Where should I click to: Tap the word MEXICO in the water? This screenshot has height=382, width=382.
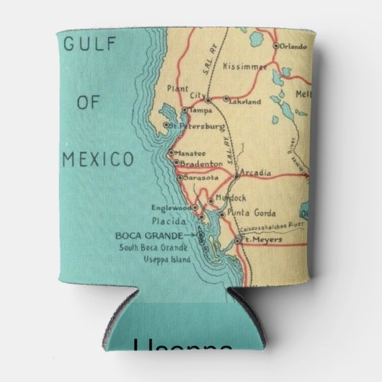click(x=97, y=159)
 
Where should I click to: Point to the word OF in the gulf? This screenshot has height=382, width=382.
click(x=87, y=102)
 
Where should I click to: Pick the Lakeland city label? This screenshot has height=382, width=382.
click(x=245, y=102)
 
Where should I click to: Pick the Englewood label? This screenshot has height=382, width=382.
click(x=172, y=208)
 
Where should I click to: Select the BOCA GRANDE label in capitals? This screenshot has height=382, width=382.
click(x=146, y=235)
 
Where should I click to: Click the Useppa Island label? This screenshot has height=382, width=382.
click(x=166, y=259)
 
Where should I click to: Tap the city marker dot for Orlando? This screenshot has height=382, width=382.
click(x=276, y=45)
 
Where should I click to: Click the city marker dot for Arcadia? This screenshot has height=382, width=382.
click(x=236, y=175)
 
